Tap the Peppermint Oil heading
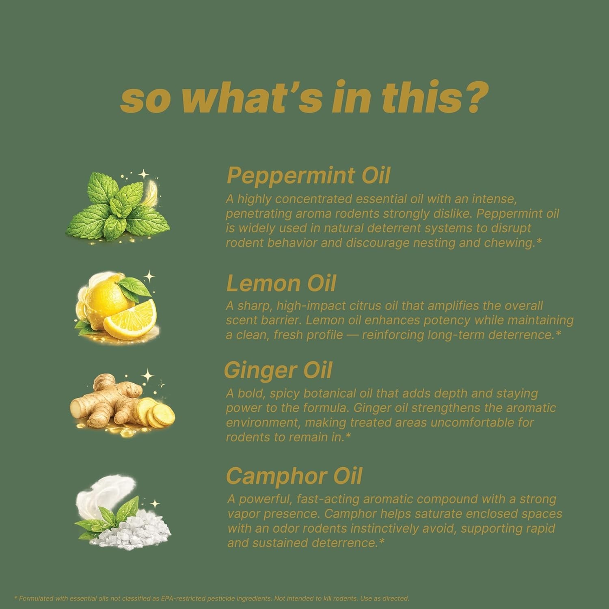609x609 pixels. tap(308, 176)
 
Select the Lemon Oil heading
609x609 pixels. tap(281, 283)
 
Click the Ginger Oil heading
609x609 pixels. tap(278, 370)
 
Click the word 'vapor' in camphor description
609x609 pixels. tap(243, 514)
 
